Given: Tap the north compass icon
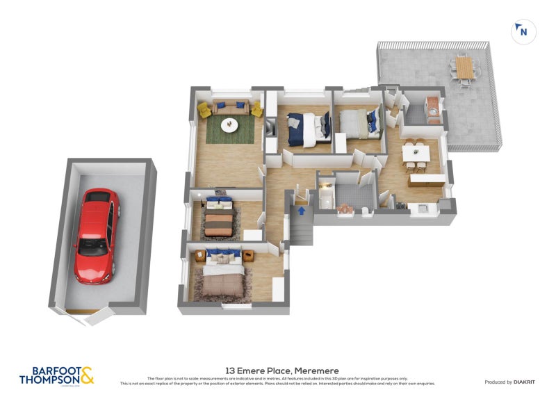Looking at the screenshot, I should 523,31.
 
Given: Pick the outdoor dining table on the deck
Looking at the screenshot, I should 464,68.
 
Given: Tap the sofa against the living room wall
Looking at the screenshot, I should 230,107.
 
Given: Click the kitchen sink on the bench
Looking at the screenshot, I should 420,206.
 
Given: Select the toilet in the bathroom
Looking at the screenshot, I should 364,209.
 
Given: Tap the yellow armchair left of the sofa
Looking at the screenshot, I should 205,110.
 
